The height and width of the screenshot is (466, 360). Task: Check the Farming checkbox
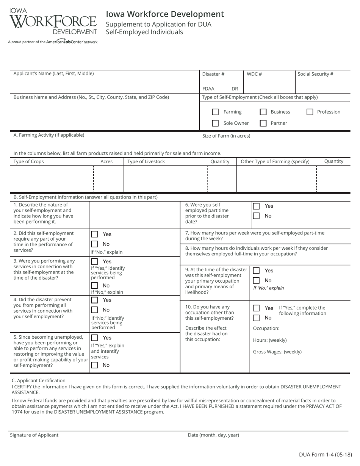215,112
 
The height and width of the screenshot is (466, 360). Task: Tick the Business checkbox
263,112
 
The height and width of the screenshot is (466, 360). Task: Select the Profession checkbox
310,112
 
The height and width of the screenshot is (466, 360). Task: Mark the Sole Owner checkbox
215,123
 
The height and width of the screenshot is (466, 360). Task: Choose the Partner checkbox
263,123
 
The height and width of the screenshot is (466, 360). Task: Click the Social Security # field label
315,74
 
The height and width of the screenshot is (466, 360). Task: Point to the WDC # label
254,74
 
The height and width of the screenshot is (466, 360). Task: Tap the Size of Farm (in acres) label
226,136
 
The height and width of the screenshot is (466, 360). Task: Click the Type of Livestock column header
146,162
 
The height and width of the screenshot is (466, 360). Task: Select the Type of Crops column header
29,162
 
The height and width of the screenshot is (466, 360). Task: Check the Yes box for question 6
257,206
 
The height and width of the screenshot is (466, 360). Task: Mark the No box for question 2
95,244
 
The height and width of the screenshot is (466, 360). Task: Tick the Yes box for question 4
95,300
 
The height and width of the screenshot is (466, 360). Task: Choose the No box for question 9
257,280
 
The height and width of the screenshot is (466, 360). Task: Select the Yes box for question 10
257,308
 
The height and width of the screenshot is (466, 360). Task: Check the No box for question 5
95,365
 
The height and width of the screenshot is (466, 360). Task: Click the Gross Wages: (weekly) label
277,352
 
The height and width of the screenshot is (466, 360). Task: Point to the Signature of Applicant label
34,435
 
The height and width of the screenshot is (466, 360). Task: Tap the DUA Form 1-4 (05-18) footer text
325,455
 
